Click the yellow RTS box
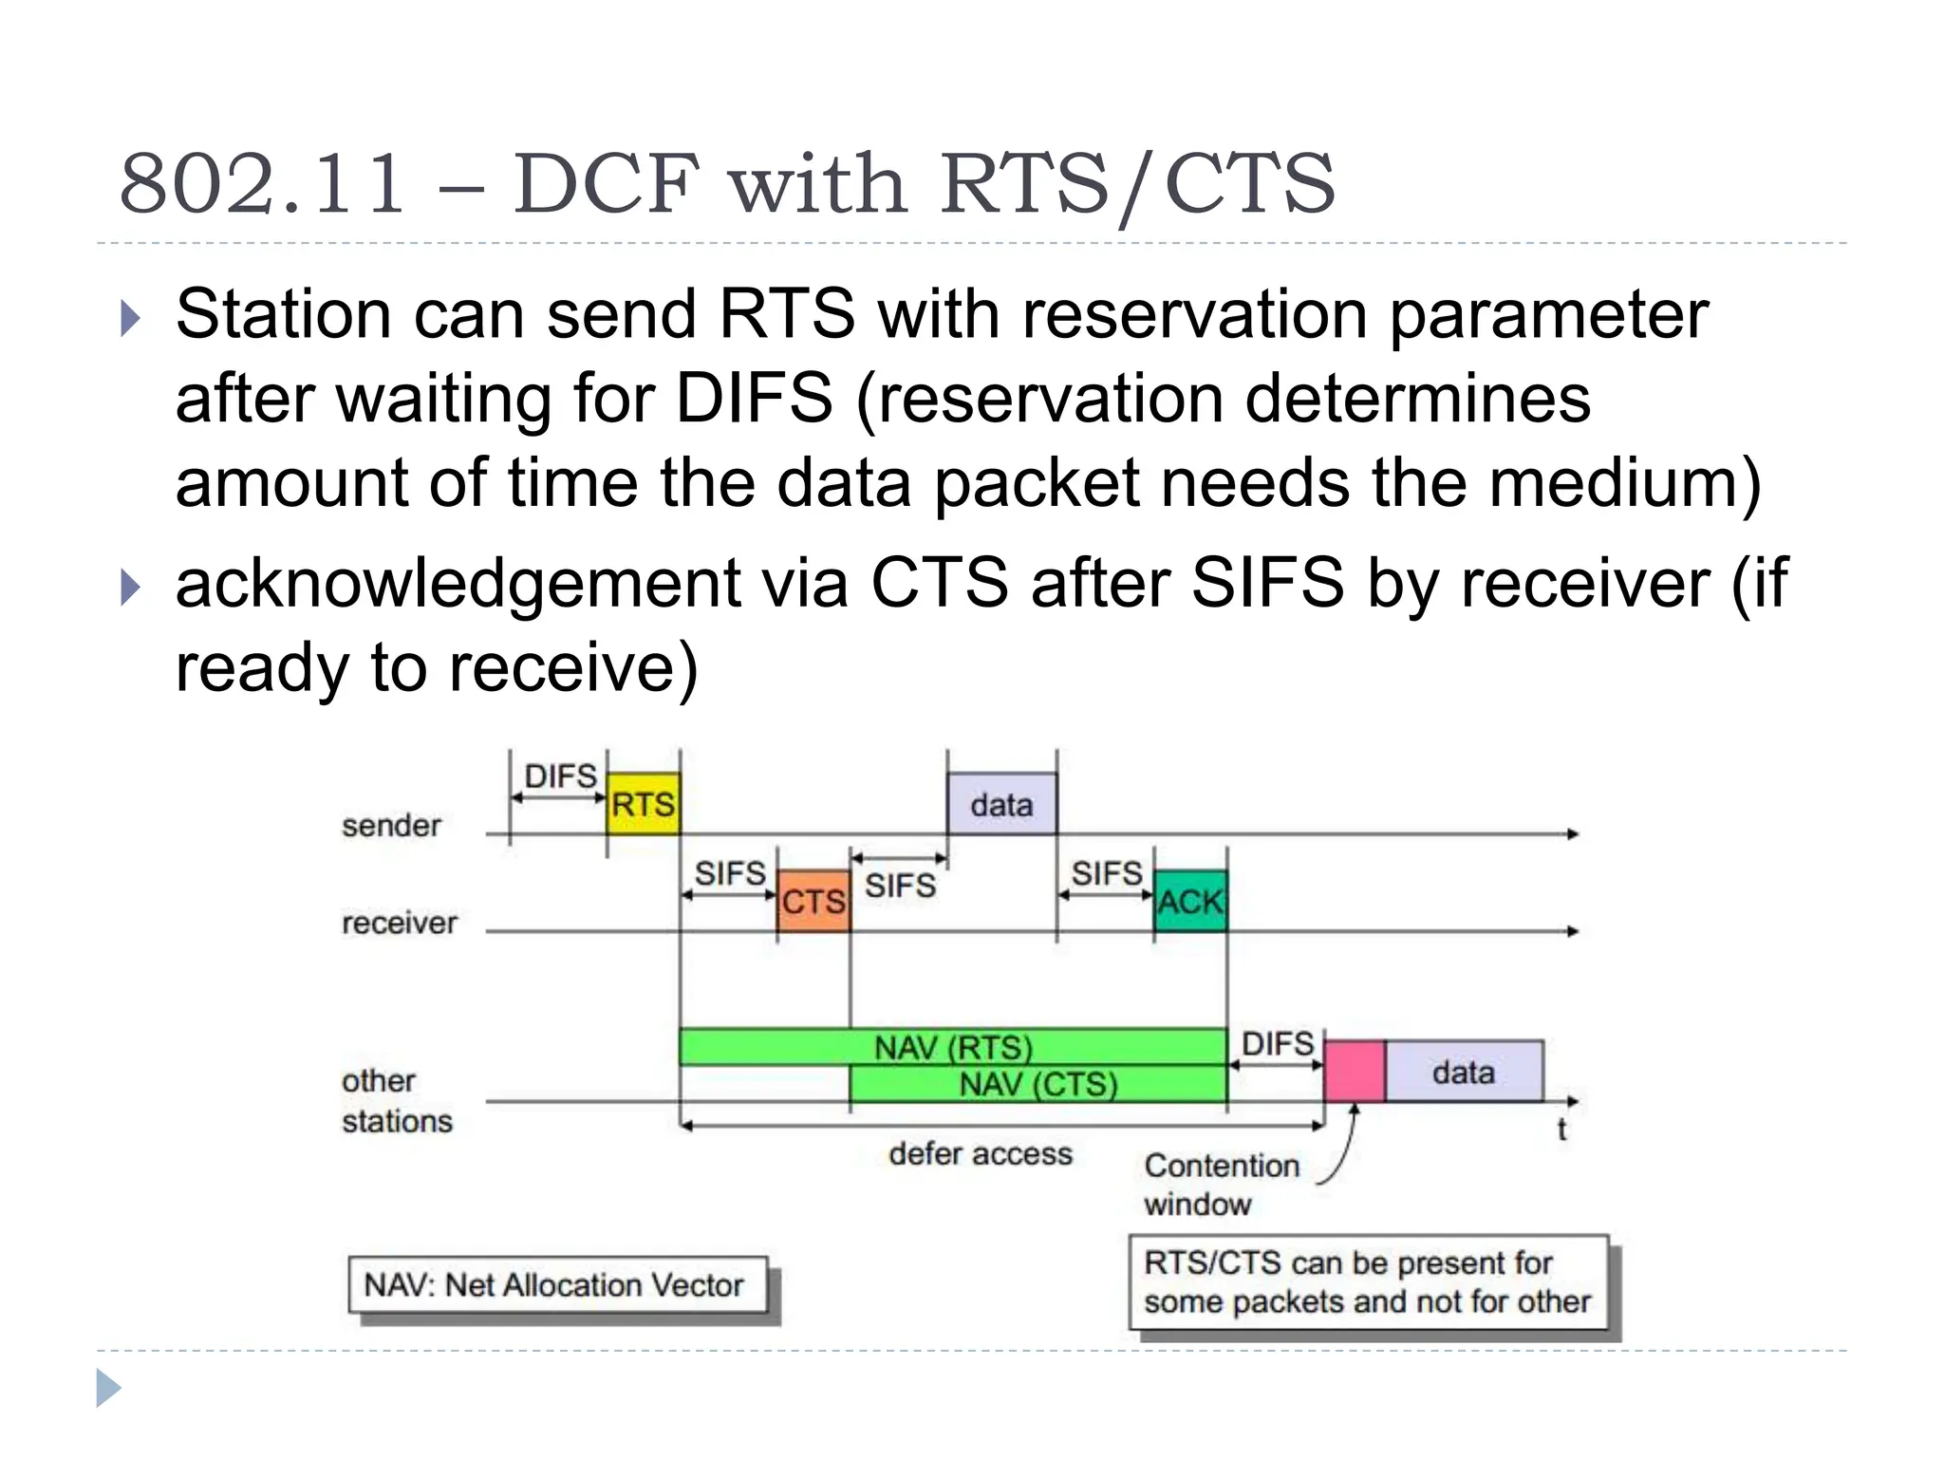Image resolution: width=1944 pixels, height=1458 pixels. [x=644, y=804]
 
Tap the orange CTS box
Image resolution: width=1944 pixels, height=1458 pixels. [x=813, y=900]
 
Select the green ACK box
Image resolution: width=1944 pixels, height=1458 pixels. [x=1190, y=900]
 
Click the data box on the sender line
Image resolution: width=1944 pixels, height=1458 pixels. [x=1001, y=804]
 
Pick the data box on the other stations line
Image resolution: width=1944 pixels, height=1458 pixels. [x=1464, y=1072]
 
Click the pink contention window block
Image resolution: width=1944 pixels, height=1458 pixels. [x=1355, y=1072]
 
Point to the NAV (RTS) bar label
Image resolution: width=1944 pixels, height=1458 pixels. [x=953, y=1047]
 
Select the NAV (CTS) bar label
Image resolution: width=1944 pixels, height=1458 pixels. [x=1038, y=1083]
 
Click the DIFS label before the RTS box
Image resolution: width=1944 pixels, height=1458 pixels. [x=560, y=776]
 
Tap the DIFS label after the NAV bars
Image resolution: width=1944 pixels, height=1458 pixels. [x=1278, y=1043]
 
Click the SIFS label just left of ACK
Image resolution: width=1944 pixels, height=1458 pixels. [x=1107, y=872]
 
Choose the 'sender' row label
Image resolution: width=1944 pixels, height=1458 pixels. [x=391, y=825]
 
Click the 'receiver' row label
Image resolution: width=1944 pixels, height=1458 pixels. [x=399, y=922]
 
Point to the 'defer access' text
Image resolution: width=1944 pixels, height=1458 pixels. [x=981, y=1153]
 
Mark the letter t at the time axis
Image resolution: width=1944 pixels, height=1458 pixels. [x=1561, y=1130]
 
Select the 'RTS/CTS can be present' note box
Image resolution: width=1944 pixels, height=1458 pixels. [x=1368, y=1281]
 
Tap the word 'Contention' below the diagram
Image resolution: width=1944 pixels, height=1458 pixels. [x=1222, y=1165]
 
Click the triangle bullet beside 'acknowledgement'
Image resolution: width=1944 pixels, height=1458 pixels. [x=131, y=588]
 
